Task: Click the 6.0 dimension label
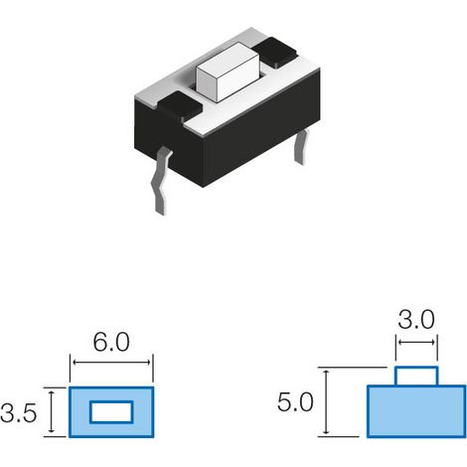[x=111, y=342]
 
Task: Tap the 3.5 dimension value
[x=19, y=413]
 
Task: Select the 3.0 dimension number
[x=416, y=320]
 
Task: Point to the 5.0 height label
[x=295, y=402]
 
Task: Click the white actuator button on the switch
[x=228, y=73]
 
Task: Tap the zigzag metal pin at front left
[x=161, y=181]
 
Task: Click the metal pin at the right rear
[x=301, y=146]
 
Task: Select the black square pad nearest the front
[x=180, y=106]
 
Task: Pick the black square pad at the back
[x=274, y=53]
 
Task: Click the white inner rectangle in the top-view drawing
[x=111, y=412]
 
